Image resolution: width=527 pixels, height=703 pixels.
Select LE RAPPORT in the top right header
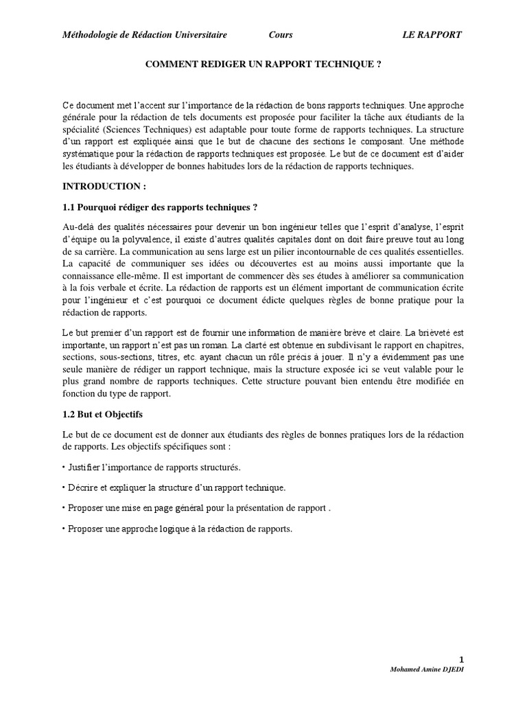coord(432,34)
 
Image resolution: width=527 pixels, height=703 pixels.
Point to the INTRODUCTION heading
coord(104,186)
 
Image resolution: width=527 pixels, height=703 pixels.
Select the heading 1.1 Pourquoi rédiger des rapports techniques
coord(160,207)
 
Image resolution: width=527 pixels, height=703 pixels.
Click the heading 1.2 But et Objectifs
coord(103,415)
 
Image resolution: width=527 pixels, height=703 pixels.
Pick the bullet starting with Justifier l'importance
coord(151,467)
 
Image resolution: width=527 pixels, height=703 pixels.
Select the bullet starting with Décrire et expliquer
coord(173,487)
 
